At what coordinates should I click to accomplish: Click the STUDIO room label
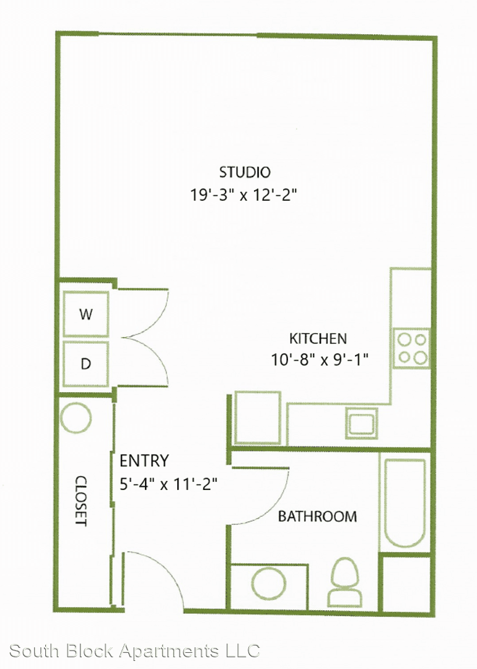(x=245, y=172)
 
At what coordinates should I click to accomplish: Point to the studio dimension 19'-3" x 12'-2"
(x=243, y=195)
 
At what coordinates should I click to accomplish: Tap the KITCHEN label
(x=318, y=339)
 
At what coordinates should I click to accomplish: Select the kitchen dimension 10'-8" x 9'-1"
(x=320, y=360)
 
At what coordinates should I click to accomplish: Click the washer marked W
(x=85, y=315)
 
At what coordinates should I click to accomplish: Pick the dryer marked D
(x=85, y=364)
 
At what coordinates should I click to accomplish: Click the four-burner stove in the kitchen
(x=411, y=348)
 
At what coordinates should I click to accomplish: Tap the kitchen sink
(x=361, y=423)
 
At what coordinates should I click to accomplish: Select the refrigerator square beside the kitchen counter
(x=258, y=418)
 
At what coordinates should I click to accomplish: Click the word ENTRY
(x=144, y=461)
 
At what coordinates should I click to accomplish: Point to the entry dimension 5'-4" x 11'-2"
(x=168, y=484)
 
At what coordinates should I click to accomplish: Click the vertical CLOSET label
(x=81, y=501)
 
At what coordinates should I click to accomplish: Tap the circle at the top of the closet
(x=76, y=418)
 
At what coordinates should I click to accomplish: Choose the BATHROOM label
(x=317, y=517)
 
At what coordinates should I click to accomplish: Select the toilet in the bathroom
(x=344, y=582)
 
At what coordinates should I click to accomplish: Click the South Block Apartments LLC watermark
(x=134, y=652)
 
